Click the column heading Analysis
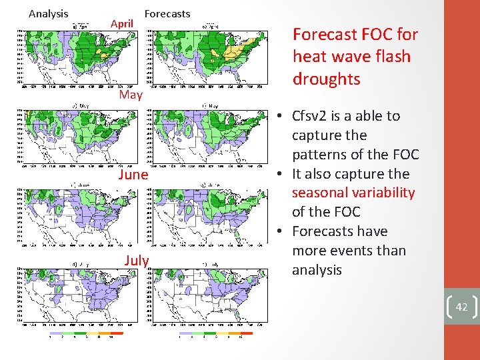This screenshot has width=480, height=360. [49, 13]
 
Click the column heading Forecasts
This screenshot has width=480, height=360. [167, 13]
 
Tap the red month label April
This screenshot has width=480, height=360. [122, 23]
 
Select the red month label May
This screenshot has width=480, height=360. [131, 95]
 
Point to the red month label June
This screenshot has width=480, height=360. [132, 175]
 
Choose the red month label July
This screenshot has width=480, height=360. [136, 260]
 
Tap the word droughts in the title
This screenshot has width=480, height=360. [326, 79]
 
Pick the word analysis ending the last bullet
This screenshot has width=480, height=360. [317, 270]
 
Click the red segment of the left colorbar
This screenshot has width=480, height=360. [116, 332]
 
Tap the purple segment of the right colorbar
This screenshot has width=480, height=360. [187, 332]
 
